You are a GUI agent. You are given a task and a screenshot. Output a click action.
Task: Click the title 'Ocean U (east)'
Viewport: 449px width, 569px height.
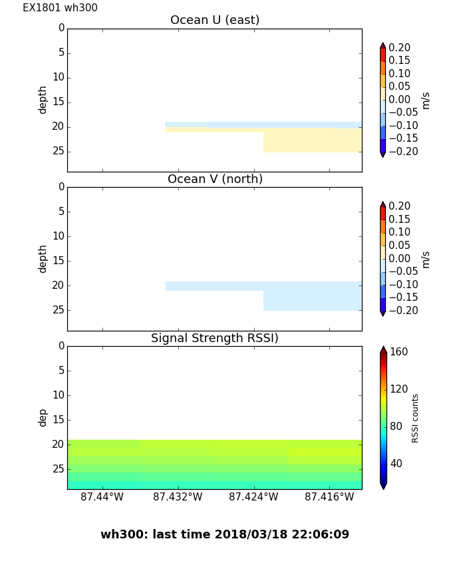pyautogui.click(x=215, y=20)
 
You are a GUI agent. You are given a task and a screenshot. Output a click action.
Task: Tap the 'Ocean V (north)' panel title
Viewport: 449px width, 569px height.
pyautogui.click(x=215, y=179)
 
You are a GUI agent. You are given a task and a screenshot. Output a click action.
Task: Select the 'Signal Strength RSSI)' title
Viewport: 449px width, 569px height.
pyautogui.click(x=215, y=338)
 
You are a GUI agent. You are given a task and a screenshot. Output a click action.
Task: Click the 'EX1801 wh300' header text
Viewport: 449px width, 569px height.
pyautogui.click(x=60, y=8)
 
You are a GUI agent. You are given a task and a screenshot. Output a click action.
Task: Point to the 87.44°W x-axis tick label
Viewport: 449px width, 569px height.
pyautogui.click(x=102, y=496)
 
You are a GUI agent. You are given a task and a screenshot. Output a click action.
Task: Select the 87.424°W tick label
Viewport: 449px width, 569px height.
pyautogui.click(x=253, y=496)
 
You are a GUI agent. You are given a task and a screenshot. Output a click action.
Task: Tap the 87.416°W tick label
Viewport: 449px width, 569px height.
pyautogui.click(x=329, y=496)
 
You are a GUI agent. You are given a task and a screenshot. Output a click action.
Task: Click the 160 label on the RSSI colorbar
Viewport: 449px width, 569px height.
pyautogui.click(x=398, y=352)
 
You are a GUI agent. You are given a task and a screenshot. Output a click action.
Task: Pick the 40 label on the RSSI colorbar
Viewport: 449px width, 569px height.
pyautogui.click(x=396, y=463)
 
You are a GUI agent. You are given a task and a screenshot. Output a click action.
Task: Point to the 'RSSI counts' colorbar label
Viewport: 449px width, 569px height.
pyautogui.click(x=415, y=418)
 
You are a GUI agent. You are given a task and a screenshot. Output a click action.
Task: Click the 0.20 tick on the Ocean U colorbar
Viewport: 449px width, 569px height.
pyautogui.click(x=400, y=48)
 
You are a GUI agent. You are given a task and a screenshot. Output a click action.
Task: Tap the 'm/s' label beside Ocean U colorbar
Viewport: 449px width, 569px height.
pyautogui.click(x=426, y=100)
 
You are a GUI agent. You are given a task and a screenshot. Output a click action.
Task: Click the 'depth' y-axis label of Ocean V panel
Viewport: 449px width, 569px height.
pyautogui.click(x=43, y=258)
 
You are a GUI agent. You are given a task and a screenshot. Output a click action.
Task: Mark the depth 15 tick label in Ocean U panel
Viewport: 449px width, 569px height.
pyautogui.click(x=59, y=102)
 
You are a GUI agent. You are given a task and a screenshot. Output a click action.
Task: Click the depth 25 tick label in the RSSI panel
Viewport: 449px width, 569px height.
pyautogui.click(x=59, y=469)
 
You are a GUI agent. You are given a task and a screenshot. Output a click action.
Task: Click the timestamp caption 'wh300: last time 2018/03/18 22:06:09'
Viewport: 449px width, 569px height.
pyautogui.click(x=225, y=534)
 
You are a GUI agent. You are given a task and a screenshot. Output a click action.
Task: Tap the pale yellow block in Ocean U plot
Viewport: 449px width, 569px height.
pyautogui.click(x=312, y=140)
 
